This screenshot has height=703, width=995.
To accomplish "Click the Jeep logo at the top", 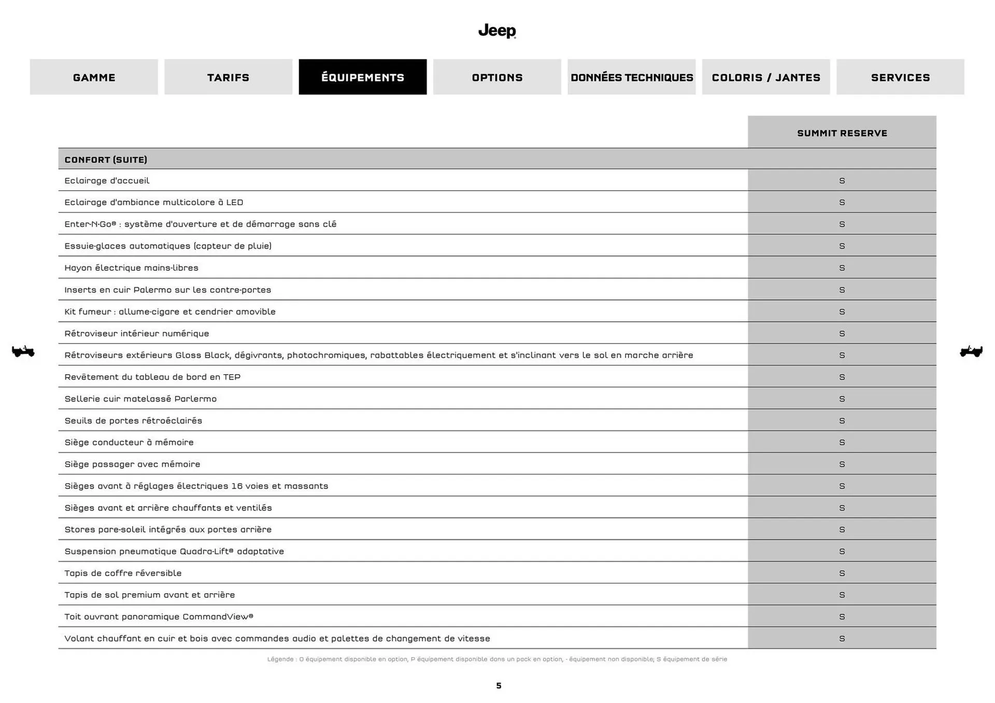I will click(497, 31).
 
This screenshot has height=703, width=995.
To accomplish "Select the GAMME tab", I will click(94, 77).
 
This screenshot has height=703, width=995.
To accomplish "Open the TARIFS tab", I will click(228, 77).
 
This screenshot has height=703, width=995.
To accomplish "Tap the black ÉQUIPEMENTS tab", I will click(362, 77).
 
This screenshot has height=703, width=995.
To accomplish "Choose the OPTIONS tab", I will click(497, 77).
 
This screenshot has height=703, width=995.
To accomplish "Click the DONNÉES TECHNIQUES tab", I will click(631, 77).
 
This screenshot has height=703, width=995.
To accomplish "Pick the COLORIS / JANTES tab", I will click(765, 77).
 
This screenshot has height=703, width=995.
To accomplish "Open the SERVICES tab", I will click(900, 77).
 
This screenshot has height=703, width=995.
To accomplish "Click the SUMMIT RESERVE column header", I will click(842, 133).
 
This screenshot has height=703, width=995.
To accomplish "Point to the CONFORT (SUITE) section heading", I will click(106, 160).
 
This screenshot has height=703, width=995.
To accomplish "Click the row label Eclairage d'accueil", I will click(107, 181).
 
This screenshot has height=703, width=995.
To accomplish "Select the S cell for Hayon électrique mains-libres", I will click(842, 268).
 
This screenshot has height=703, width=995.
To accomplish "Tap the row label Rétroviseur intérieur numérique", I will click(137, 334).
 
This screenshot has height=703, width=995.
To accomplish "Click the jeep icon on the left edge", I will click(23, 351).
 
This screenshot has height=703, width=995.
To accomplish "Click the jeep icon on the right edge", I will click(971, 351).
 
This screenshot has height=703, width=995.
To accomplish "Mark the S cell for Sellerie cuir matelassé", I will click(842, 399).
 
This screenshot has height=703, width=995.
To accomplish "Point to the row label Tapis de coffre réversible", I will click(123, 573).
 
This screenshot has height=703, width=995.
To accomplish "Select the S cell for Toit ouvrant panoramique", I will click(842, 616).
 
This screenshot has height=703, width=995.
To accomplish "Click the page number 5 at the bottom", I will click(499, 685).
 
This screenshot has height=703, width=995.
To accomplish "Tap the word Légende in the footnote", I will click(280, 659).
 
